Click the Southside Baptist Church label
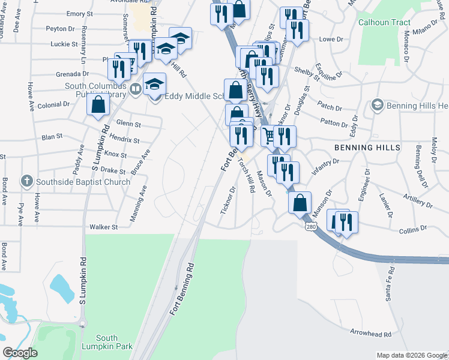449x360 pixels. pos(83,182)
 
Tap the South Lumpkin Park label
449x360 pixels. pos(106,343)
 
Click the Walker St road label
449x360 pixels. pos(103,227)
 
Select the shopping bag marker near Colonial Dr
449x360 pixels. pos(98,106)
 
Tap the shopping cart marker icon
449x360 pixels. pos(268,136)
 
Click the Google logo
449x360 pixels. pos(20,353)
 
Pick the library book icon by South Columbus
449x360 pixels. pos(136,90)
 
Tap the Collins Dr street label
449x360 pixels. pos(412,229)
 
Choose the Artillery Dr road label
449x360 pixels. pos(418,202)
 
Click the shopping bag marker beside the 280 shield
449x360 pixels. pos(300,203)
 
